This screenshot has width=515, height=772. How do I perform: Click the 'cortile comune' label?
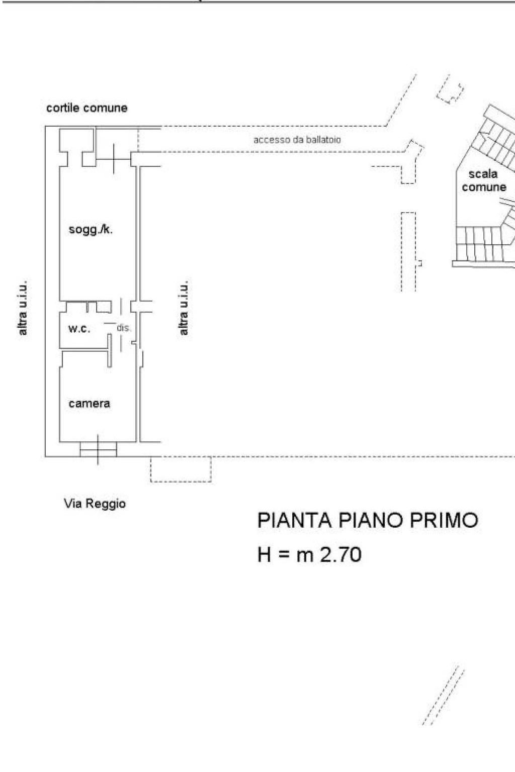(87, 108)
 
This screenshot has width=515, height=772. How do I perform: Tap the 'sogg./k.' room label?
(91, 230)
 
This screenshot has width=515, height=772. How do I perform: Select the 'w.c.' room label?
(79, 329)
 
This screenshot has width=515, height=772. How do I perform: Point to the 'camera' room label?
(89, 404)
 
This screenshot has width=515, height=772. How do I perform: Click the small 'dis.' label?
(124, 328)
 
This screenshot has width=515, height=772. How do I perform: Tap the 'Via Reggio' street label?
(95, 504)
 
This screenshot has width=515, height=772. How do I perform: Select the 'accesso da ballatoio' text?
(297, 140)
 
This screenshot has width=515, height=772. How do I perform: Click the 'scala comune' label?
(483, 180)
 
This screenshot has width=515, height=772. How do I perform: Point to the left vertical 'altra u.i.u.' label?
(23, 308)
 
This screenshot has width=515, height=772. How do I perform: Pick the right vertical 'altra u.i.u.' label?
(184, 308)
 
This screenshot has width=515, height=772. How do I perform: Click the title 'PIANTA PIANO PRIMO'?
(367, 521)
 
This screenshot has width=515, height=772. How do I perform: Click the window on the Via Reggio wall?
(98, 449)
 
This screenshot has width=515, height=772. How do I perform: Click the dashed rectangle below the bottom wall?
(181, 470)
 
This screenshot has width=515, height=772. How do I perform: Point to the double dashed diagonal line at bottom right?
(443, 696)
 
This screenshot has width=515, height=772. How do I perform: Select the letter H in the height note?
(264, 555)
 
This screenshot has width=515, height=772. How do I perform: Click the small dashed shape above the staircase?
(450, 90)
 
